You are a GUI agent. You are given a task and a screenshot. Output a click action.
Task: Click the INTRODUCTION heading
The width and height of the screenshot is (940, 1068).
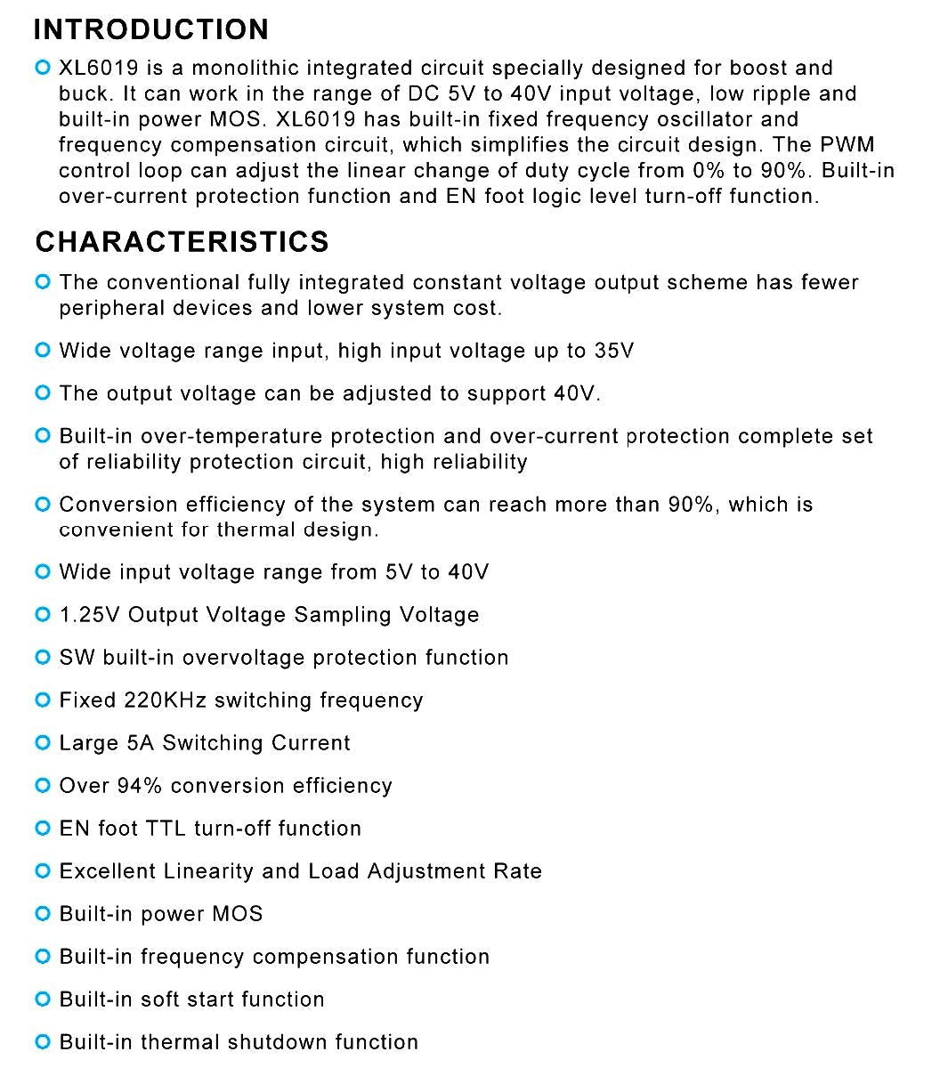[150, 29]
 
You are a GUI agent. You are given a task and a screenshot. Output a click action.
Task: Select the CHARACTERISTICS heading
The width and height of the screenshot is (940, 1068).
[182, 241]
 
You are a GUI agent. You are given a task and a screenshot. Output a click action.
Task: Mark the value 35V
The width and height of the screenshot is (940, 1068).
[613, 351]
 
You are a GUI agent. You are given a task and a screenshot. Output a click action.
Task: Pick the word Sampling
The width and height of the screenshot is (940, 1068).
[343, 615]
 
